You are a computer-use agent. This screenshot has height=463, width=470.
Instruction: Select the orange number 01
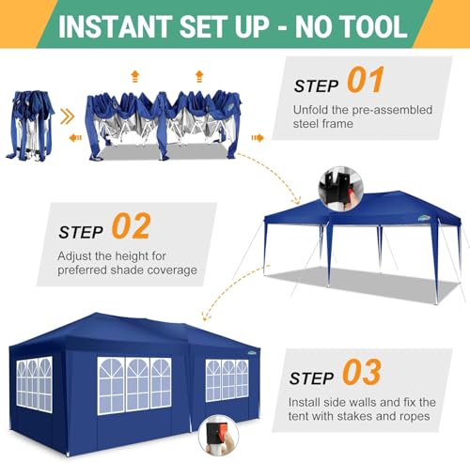pos(365,81)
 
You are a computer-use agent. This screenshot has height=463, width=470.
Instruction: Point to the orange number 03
pos(361,374)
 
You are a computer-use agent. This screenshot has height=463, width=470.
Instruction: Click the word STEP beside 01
pos(317,85)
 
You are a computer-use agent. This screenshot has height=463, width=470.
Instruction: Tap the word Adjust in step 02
pos(76,256)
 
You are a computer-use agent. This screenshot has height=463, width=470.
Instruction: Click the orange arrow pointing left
pos(75,137)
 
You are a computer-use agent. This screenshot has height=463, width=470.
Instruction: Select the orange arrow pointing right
pos(257,137)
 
